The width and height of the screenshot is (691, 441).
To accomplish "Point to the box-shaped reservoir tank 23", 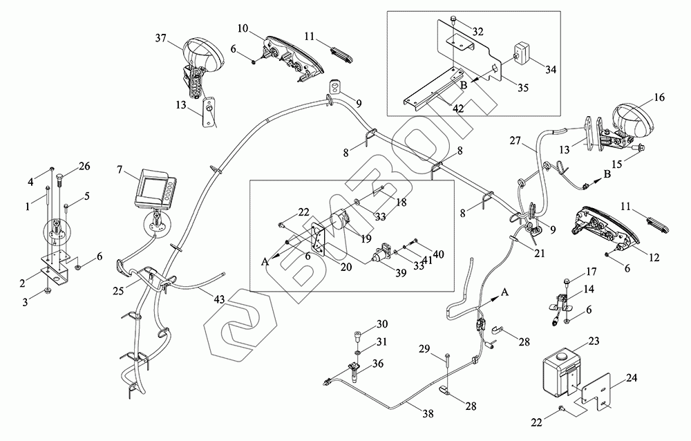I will click(x=560, y=374).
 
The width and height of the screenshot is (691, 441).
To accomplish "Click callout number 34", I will click(x=550, y=69).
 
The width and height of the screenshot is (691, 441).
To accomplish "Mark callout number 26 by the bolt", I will click(x=84, y=165).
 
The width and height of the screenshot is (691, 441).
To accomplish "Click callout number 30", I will click(x=382, y=325).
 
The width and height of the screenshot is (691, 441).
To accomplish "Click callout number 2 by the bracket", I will click(x=22, y=283).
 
